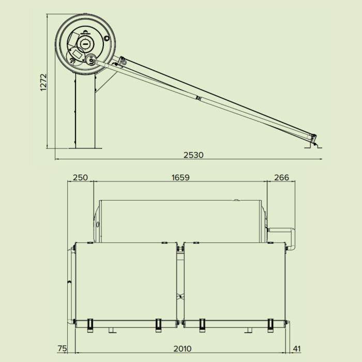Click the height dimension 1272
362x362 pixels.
[44, 81]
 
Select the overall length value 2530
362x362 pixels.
[193, 155]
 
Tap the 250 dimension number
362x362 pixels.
[80, 177]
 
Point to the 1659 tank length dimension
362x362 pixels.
[180, 177]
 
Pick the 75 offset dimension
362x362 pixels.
[62, 349]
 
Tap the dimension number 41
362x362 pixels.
[297, 349]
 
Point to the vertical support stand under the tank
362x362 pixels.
[86, 111]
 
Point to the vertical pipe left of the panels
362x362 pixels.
[69, 284]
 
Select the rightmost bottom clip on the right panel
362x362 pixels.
[270, 323]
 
